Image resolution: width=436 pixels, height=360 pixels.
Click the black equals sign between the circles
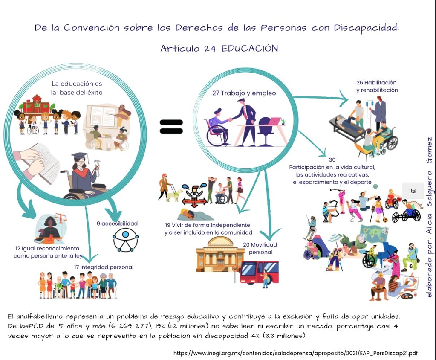click(x=171, y=126)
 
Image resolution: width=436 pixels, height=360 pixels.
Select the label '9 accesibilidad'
click(x=120, y=223)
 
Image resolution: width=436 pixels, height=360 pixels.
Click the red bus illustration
click(x=259, y=273)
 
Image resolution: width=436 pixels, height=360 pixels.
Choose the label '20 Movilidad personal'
click(x=260, y=248)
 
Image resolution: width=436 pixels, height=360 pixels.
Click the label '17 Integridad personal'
click(x=104, y=267)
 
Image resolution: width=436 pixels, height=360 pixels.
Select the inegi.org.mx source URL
click(x=295, y=353)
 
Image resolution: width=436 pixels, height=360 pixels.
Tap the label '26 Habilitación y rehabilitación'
click(x=377, y=86)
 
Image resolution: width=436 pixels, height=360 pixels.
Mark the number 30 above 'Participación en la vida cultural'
click(x=332, y=160)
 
